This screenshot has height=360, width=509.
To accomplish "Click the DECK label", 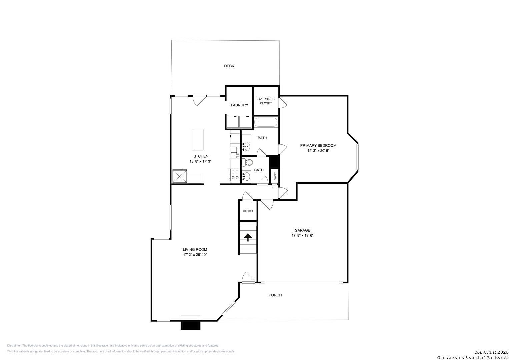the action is (x=229, y=66).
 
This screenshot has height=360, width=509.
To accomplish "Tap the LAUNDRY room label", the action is (x=239, y=105).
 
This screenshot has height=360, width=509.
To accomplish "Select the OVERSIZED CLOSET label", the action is (x=266, y=101).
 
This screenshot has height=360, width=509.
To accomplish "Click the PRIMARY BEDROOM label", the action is (x=318, y=145).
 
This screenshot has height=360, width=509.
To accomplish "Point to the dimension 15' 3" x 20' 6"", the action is (x=318, y=151).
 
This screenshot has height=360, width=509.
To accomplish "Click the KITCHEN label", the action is (x=200, y=156).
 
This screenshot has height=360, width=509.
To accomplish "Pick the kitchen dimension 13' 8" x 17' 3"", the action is (x=200, y=161).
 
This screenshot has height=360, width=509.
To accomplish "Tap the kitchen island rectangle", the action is (x=197, y=140).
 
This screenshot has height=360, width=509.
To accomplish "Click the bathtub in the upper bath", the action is (x=266, y=122).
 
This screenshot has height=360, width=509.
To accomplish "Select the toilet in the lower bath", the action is (x=247, y=162).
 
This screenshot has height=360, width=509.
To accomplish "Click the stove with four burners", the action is (x=235, y=175).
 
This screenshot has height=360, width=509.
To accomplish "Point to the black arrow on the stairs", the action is (x=248, y=237).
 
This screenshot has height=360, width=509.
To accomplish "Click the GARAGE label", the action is (x=302, y=230).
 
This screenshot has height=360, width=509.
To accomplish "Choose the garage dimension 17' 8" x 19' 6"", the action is (x=302, y=235).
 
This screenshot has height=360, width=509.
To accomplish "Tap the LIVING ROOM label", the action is (x=195, y=249).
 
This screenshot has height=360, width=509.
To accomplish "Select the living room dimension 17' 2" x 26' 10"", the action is (x=195, y=255).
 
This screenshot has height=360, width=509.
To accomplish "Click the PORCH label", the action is (x=275, y=295).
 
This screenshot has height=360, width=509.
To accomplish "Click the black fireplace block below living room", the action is (x=190, y=325).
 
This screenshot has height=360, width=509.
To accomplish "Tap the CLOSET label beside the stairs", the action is (x=248, y=211).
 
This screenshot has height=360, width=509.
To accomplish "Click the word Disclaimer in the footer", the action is (x=14, y=346).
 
